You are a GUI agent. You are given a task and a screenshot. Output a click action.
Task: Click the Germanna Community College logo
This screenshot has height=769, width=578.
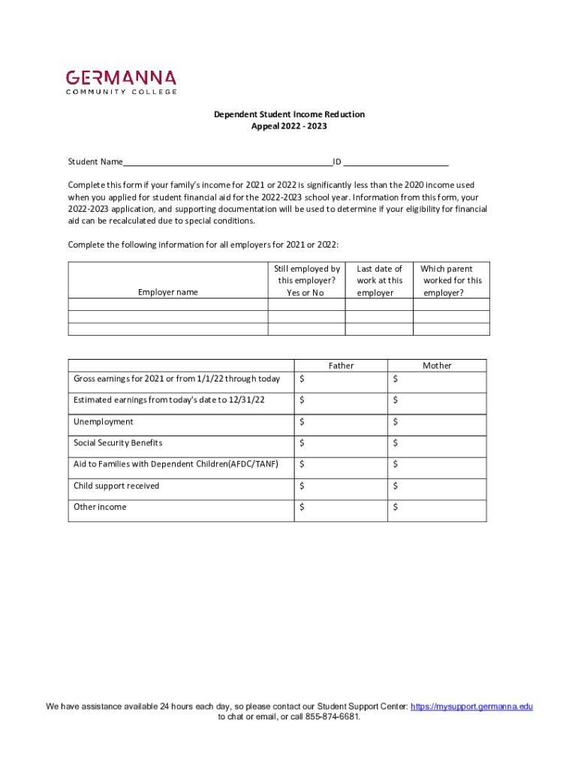pos(122,82)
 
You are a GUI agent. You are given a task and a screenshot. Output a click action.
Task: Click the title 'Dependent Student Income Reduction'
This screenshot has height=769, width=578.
pos(289,114)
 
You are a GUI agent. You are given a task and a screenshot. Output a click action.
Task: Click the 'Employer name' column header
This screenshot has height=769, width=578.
pos(167,292)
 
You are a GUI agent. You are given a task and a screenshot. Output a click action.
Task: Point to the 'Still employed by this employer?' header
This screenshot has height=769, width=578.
pos(306,280)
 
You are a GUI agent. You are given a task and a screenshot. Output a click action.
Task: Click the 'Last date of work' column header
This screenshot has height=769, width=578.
pos(379,280)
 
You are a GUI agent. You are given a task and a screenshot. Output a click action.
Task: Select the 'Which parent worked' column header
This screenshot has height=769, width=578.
pos(451,280)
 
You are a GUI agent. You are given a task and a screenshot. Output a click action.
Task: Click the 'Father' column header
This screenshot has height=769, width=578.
pos(341,366)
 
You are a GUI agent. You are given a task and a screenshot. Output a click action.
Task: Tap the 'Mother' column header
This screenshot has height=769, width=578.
pos(437,366)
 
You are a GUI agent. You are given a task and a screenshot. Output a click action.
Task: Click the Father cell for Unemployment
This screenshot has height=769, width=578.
pos(341,423)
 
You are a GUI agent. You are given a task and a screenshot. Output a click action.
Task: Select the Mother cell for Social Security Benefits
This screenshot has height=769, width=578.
pos(437,444)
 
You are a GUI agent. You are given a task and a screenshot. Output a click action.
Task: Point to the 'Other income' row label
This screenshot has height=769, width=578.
pos(100,507)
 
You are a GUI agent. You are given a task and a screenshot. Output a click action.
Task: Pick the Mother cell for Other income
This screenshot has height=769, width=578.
pos(437,508)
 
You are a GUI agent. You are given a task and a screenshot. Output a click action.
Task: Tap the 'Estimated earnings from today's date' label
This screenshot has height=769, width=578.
pos(169,400)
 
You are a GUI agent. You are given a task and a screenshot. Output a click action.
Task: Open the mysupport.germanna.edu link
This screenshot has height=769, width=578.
pos(472,707)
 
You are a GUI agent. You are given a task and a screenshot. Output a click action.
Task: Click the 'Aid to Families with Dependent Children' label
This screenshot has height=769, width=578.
pos(176,464)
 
